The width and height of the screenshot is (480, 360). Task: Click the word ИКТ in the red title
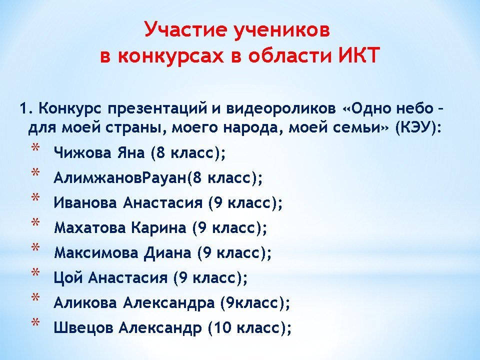359,55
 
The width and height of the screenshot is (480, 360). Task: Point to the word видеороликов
280,109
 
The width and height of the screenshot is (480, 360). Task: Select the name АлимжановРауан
119,177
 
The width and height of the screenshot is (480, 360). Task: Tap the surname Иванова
85,202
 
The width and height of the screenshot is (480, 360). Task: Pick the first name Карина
158,228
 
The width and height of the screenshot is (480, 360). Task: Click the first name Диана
167,253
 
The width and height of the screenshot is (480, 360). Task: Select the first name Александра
168,303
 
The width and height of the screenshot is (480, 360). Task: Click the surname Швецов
83,328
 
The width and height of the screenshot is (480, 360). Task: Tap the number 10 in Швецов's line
222,328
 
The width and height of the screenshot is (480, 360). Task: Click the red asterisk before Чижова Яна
35,147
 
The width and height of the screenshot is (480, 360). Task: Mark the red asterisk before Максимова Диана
35,247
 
